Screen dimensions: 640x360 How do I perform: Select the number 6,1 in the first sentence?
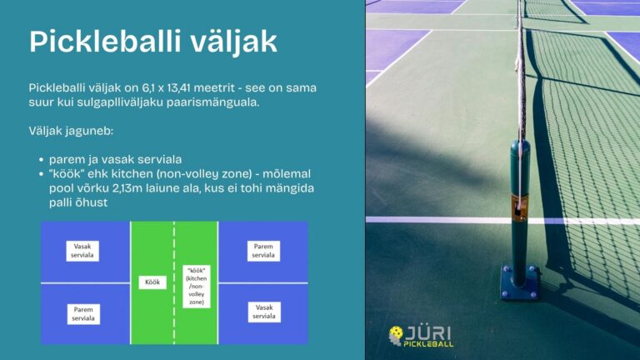[148, 87]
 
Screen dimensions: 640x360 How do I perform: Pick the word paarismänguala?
[212, 102]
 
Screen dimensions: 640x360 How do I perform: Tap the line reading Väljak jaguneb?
[71, 131]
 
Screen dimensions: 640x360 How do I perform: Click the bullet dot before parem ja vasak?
[41, 160]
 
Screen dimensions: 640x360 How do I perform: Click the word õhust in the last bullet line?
[94, 202]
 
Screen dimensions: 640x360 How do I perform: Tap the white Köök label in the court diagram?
[152, 282]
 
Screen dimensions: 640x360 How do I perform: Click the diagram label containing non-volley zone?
[197, 287]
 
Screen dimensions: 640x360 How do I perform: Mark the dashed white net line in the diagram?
[174, 282]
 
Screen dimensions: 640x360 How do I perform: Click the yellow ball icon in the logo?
[395, 336]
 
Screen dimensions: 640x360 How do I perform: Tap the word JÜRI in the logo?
[427, 333]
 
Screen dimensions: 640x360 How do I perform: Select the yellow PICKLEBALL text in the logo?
[428, 344]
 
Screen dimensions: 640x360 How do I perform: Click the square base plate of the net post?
[520, 282]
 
